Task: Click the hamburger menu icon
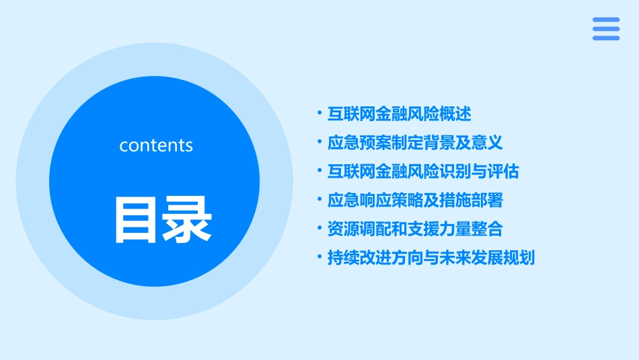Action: (x=606, y=28)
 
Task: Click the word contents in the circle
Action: (x=156, y=145)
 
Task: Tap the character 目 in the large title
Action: (x=134, y=219)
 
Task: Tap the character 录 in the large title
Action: (x=185, y=219)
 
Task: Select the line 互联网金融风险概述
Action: (x=400, y=114)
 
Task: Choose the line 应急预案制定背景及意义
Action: (x=415, y=143)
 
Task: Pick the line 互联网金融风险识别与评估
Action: (x=423, y=172)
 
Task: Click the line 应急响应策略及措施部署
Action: (x=415, y=201)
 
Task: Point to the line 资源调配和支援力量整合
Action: (x=415, y=229)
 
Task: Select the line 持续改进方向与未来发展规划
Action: (x=431, y=258)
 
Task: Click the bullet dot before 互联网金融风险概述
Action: (x=319, y=114)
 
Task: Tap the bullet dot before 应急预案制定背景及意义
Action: (x=319, y=143)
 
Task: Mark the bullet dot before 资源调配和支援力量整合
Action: (x=319, y=229)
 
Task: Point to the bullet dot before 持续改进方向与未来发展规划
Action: (x=319, y=258)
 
